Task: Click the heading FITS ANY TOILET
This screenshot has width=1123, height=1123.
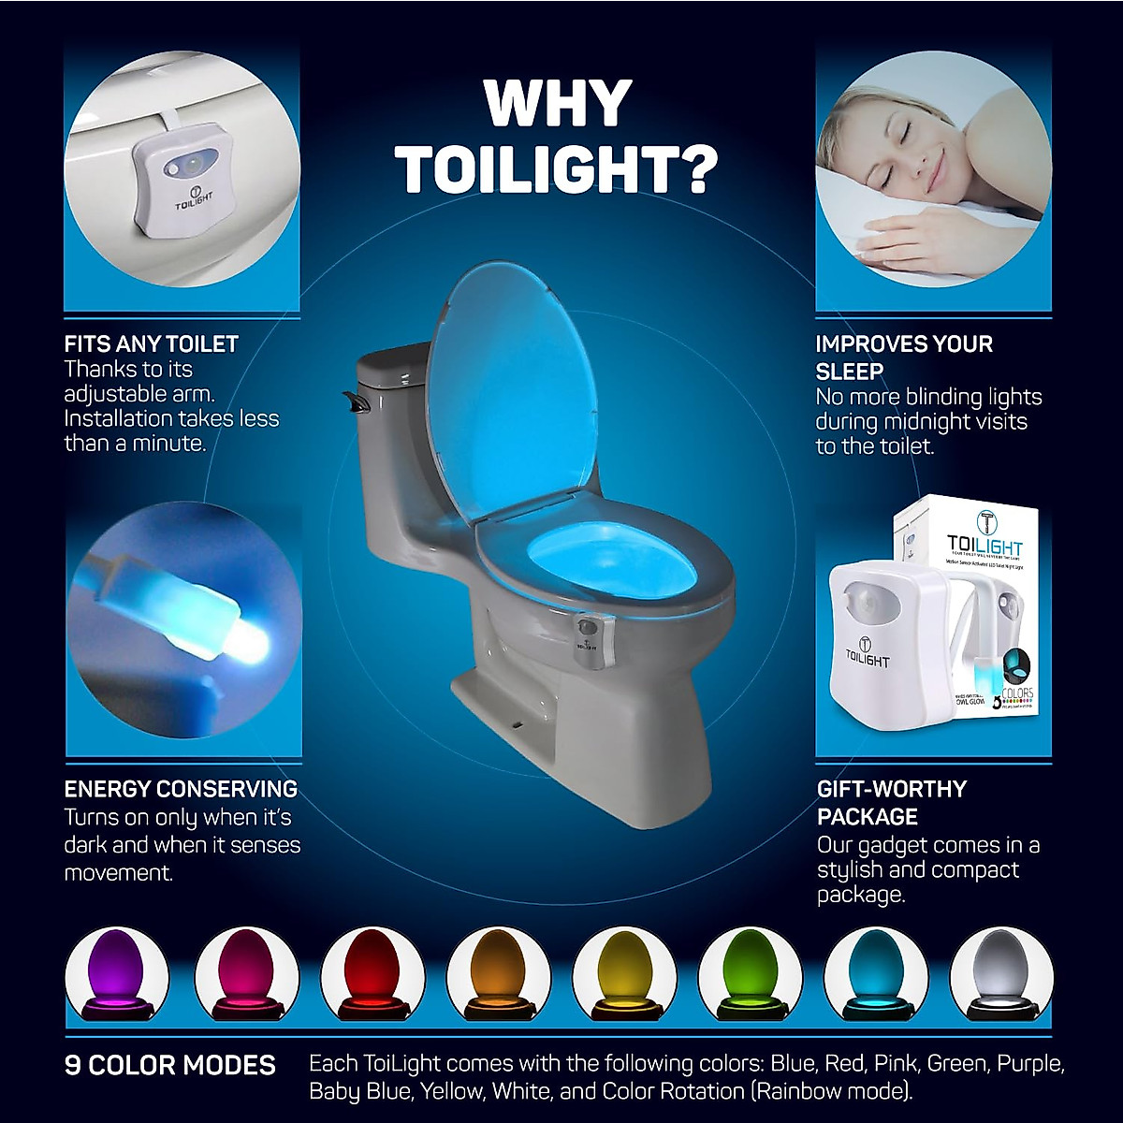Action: click(x=152, y=344)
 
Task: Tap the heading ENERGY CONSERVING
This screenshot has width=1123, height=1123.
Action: click(x=181, y=789)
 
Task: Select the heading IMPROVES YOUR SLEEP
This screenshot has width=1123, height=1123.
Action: click(x=903, y=357)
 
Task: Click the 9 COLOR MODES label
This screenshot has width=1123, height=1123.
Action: click(x=170, y=1065)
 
